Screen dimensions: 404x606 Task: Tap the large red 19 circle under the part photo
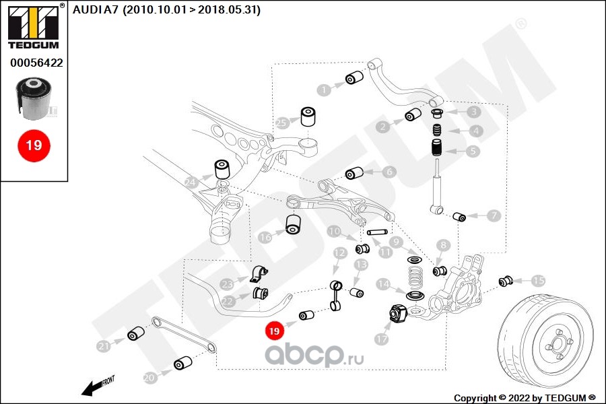pyautogui.click(x=33, y=145)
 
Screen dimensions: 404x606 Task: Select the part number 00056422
pyautogui.click(x=36, y=63)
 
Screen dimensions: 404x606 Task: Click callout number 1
pyautogui.click(x=325, y=89)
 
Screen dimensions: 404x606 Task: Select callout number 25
pyautogui.click(x=281, y=123)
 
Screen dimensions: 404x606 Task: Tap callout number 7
pyautogui.click(x=494, y=216)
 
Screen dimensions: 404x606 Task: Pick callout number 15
pyautogui.click(x=538, y=281)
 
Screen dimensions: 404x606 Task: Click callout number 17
pyautogui.click(x=382, y=339)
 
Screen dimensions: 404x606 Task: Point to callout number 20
pyautogui.click(x=149, y=378)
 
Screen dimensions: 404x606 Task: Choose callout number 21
pyautogui.click(x=103, y=347)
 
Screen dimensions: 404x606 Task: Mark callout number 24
pyautogui.click(x=191, y=181)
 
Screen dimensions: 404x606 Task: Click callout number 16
pyautogui.click(x=265, y=237)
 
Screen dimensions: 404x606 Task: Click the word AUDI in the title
pyautogui.click(x=85, y=9)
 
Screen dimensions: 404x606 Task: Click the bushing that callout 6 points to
pyautogui.click(x=355, y=174)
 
